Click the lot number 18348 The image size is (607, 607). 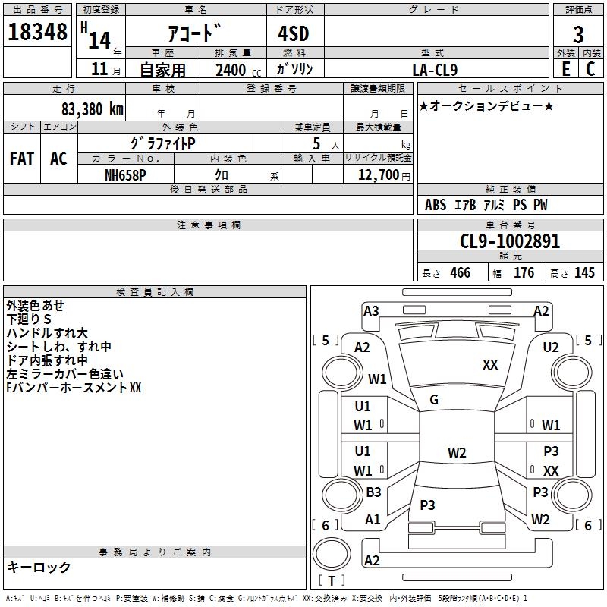pos(37,32)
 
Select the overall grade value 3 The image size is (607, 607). pos(578,35)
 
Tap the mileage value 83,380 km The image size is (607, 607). pos(92,109)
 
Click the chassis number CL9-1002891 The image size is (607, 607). pos(510,241)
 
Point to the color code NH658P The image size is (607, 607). pos(125,175)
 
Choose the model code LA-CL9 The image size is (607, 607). pos(435,70)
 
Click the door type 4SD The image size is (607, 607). pos(294,33)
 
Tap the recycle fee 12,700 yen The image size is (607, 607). pos(384,175)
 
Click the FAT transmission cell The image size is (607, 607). pos(22,159)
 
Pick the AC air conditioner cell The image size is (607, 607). pos(58,159)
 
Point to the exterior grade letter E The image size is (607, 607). pos(566,69)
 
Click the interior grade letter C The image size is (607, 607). pos(591,69)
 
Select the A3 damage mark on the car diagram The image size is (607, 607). pos(371,311)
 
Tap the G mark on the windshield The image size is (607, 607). pos(434,400)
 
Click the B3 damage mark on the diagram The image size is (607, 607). pos(373,492)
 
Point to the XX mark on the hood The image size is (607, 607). pos(490,365)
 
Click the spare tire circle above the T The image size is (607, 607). pos(332,554)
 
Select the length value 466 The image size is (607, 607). pos(461,273)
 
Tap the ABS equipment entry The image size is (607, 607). pos(436,205)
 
